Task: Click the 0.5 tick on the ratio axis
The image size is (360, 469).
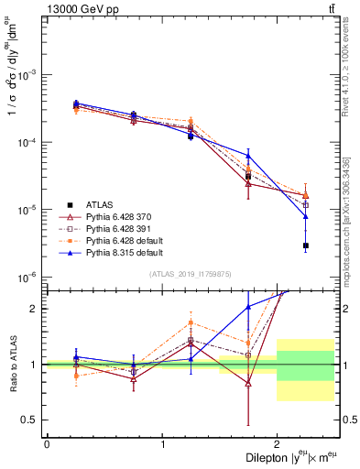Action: coord(33,420)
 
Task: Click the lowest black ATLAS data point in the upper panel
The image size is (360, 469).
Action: coord(306,245)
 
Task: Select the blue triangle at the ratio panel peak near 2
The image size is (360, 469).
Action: coord(248,307)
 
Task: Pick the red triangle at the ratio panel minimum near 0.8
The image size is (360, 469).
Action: coord(248,384)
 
